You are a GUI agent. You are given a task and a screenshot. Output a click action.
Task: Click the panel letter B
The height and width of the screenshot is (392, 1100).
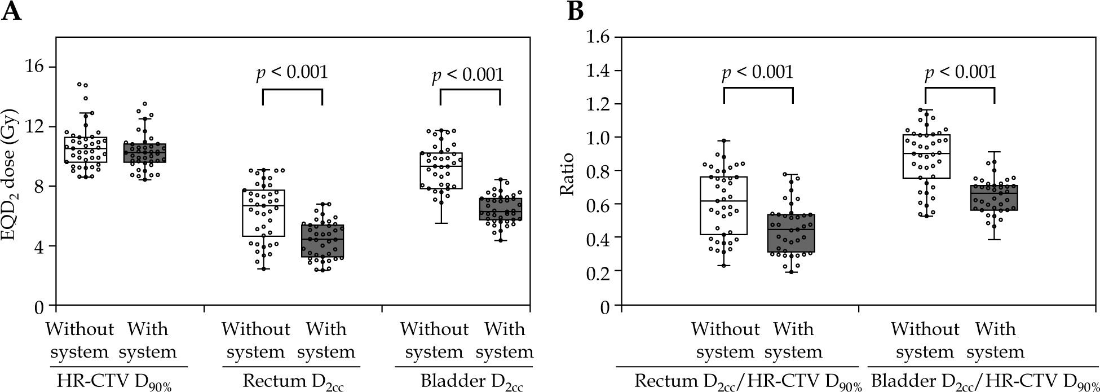(x=576, y=11)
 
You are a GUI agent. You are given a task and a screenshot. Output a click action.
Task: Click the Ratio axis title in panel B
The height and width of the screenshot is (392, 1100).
(x=567, y=174)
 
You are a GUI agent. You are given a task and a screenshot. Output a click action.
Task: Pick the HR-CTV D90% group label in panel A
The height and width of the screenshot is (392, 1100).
(x=114, y=382)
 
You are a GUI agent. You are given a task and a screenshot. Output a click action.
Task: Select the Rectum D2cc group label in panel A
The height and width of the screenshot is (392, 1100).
(x=293, y=382)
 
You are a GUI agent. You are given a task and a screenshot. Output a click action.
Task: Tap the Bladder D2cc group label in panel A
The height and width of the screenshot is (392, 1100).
(x=471, y=382)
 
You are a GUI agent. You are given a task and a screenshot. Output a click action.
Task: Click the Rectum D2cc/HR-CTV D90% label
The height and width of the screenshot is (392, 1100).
(x=748, y=382)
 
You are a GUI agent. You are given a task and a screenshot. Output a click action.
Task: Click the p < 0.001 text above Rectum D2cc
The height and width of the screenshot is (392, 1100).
(x=292, y=73)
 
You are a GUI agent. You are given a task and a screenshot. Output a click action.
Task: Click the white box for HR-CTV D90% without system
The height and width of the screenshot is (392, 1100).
(x=86, y=149)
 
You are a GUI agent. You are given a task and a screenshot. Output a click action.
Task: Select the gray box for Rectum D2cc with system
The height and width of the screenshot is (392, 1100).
(x=322, y=241)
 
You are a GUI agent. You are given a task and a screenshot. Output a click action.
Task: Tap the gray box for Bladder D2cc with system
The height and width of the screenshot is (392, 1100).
(x=500, y=209)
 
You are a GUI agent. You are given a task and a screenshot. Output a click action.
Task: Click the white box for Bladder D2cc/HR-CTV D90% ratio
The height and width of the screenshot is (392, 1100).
(x=926, y=156)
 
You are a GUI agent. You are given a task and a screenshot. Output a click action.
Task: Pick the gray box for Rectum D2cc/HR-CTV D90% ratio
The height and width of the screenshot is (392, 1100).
(x=793, y=233)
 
